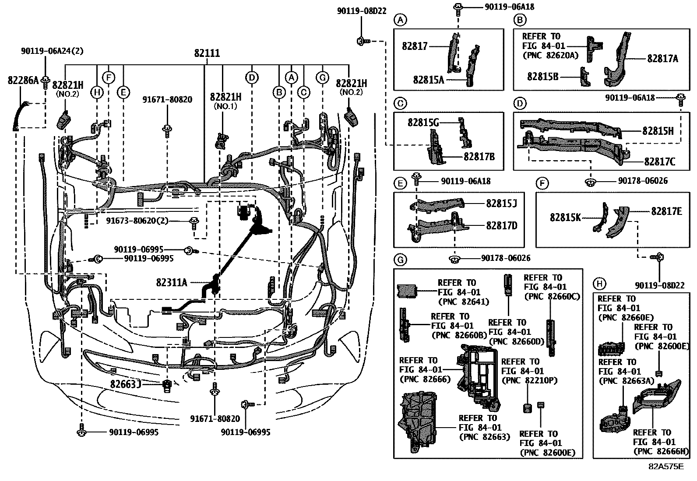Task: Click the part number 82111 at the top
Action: [x=207, y=53]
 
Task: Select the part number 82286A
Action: [x=23, y=80]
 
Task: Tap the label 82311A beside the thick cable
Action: [x=172, y=282]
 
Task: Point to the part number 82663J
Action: [x=125, y=384]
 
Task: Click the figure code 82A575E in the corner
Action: [x=666, y=467]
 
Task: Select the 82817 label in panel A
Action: [x=415, y=46]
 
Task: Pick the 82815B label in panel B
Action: [x=542, y=76]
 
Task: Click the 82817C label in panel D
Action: [x=659, y=162]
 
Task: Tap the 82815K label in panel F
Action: [x=565, y=217]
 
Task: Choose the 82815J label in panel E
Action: [x=501, y=204]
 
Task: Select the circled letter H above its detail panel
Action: [x=599, y=284]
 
